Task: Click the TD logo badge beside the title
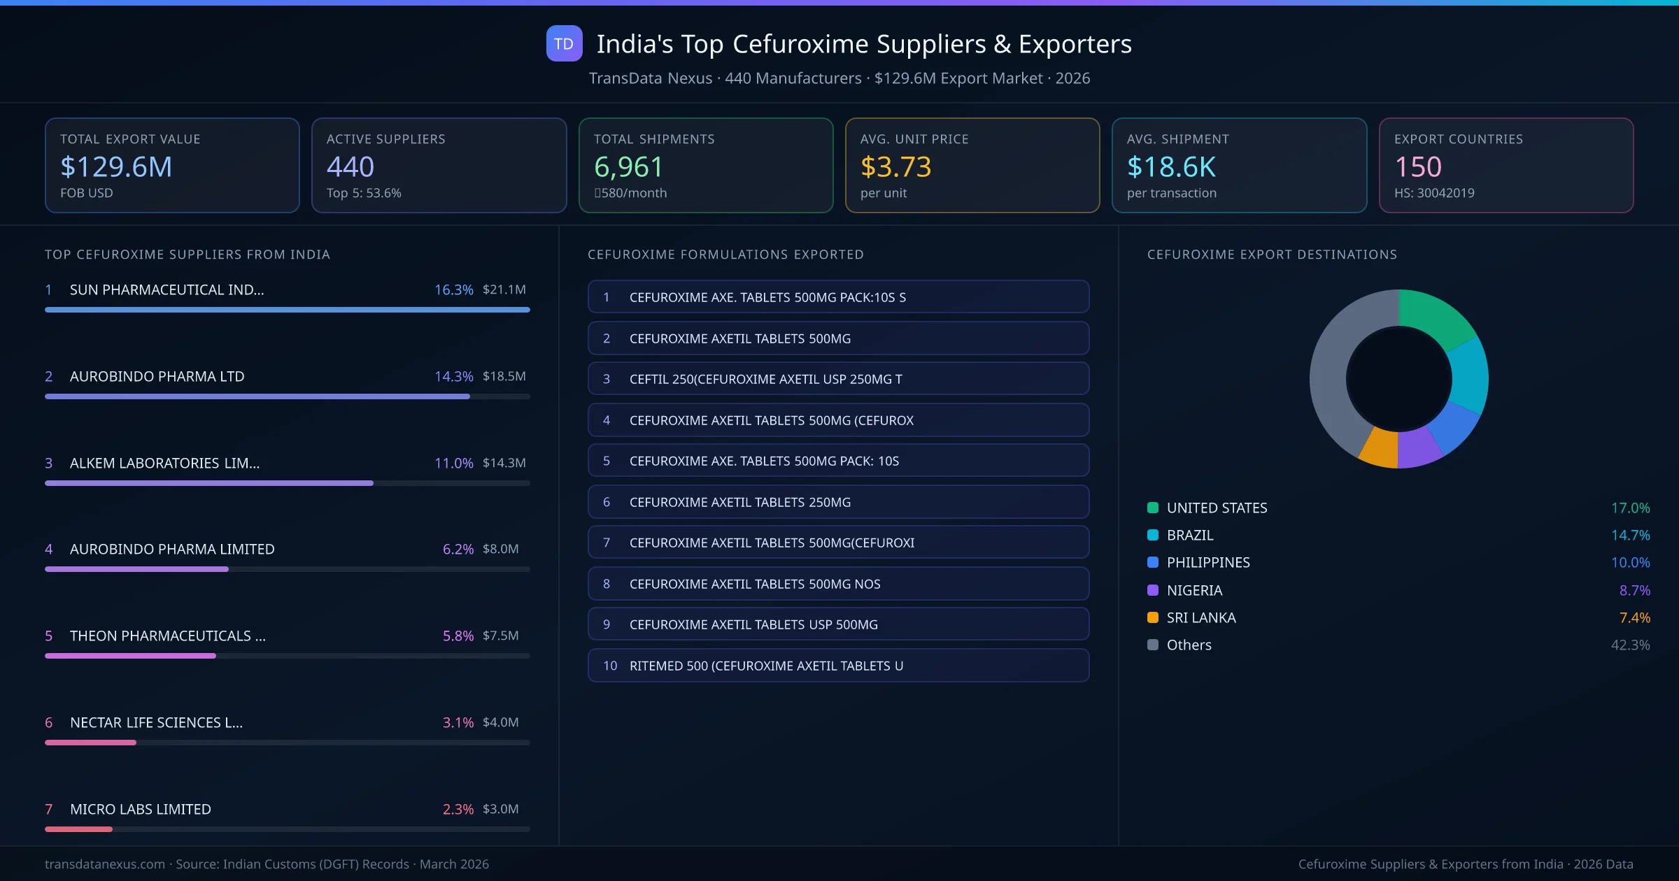(x=564, y=43)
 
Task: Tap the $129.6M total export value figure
(x=116, y=166)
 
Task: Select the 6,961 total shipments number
(x=628, y=166)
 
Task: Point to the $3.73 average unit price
(x=895, y=166)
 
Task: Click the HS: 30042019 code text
(x=1434, y=193)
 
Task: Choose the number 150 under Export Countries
(x=1418, y=166)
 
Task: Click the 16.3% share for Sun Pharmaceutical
(x=453, y=289)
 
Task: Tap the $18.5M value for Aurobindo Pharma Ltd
(x=504, y=376)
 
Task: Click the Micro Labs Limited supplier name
(x=140, y=809)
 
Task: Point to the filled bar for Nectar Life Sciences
(x=90, y=743)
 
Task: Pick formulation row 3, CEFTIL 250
(x=838, y=379)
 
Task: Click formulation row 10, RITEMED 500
(x=838, y=666)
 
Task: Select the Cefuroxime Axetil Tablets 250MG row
(x=838, y=502)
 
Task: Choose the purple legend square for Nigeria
(x=1153, y=590)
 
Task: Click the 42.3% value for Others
(x=1630, y=645)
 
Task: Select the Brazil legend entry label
(x=1190, y=535)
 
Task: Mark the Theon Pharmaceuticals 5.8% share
(x=458, y=636)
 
